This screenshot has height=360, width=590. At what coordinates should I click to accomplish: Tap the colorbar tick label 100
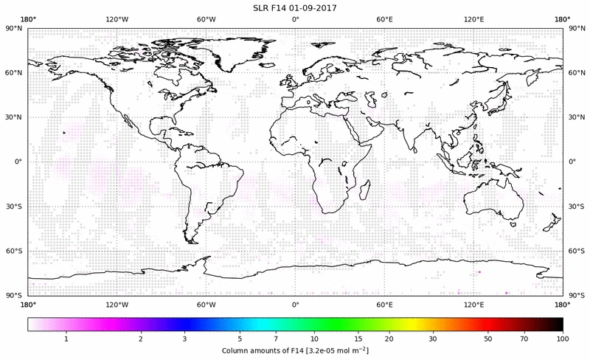[x=563, y=338]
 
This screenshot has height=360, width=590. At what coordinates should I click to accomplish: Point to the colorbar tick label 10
[x=316, y=338]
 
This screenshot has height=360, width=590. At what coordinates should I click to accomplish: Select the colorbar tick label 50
[x=488, y=338]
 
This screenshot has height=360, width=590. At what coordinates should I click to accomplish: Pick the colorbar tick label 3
[x=185, y=338]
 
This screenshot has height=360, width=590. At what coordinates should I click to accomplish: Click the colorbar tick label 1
[x=66, y=338]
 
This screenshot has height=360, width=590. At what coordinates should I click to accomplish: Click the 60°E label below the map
[x=384, y=304]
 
